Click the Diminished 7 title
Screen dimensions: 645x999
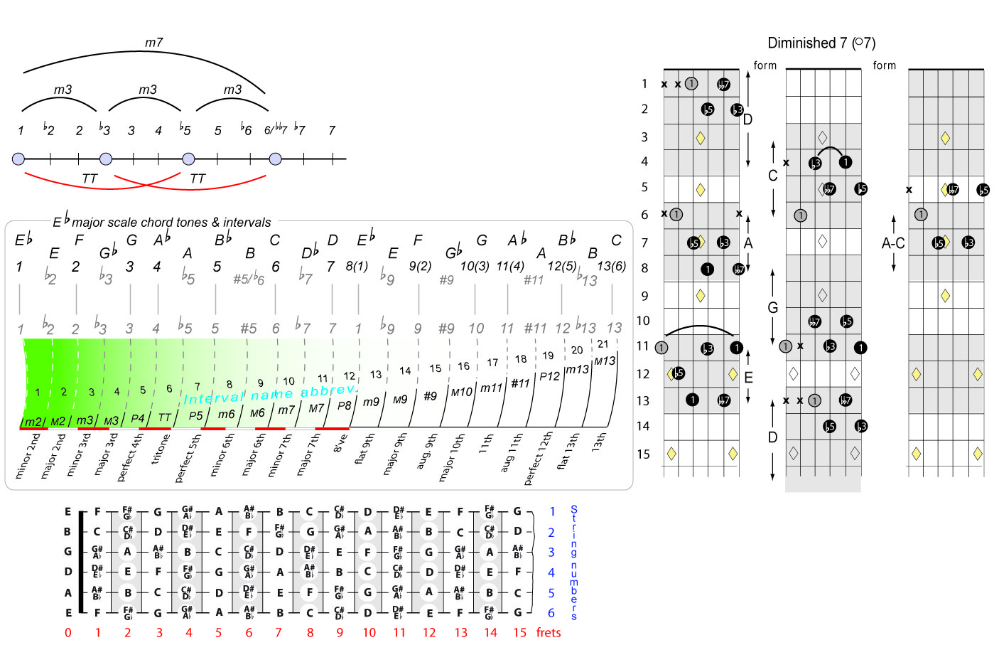pyautogui.click(x=821, y=43)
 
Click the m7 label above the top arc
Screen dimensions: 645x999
pyautogui.click(x=154, y=43)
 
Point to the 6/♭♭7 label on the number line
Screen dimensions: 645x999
pyautogui.click(x=276, y=130)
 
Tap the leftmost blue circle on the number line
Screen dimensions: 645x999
pyautogui.click(x=18, y=159)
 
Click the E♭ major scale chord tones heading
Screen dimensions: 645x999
pyautogui.click(x=162, y=221)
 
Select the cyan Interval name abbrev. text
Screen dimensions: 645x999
pyautogui.click(x=270, y=394)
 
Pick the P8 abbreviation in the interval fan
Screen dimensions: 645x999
pyautogui.click(x=345, y=405)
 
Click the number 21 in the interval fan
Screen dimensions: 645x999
pyautogui.click(x=603, y=343)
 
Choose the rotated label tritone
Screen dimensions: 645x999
pyautogui.click(x=161, y=449)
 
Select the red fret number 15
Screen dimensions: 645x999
pyautogui.click(x=519, y=632)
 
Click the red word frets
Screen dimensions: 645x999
pyautogui.click(x=549, y=632)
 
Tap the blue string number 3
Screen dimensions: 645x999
pyautogui.click(x=551, y=552)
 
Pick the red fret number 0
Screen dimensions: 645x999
pyautogui.click(x=68, y=632)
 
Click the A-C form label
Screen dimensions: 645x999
pyautogui.click(x=893, y=243)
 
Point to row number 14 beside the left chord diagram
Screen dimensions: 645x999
pyautogui.click(x=643, y=426)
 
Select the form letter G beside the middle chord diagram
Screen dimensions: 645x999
pyautogui.click(x=773, y=307)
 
